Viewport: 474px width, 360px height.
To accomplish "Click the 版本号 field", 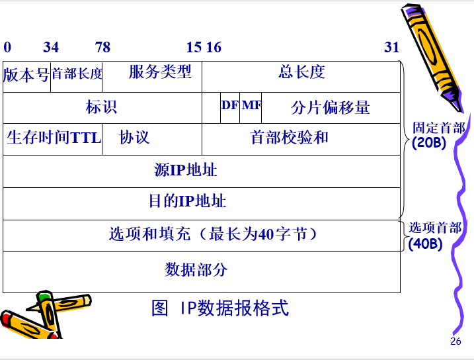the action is pos(26,75).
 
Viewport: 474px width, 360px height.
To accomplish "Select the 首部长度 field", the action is pos(77,74).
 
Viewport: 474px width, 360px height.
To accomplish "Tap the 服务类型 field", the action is pos(159,72).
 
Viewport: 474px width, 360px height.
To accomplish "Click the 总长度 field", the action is pos(301,72).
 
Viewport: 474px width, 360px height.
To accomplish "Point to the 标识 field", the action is pos(102,107).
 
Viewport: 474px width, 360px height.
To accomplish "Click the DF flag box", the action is pos(230,106).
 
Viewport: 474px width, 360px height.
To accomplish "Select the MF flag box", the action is pos(251,106).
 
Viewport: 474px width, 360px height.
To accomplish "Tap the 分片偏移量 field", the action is pos(331,107).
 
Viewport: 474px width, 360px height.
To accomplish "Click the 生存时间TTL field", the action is pos(53,138).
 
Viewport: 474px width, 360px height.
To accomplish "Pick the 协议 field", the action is pos(135,138).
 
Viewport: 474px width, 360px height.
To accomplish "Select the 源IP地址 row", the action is pos(186,170).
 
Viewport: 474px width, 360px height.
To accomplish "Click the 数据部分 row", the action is pos(196,270).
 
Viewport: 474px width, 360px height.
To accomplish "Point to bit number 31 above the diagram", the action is pos(392,47).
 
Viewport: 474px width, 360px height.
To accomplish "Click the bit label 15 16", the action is pos(204,47).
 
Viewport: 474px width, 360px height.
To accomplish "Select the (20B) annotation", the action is pos(429,142).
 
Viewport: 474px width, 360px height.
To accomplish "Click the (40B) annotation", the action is pos(425,243).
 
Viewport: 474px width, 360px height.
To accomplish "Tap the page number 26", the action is pos(455,341).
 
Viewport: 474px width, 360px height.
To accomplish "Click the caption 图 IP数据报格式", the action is pos(220,308).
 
